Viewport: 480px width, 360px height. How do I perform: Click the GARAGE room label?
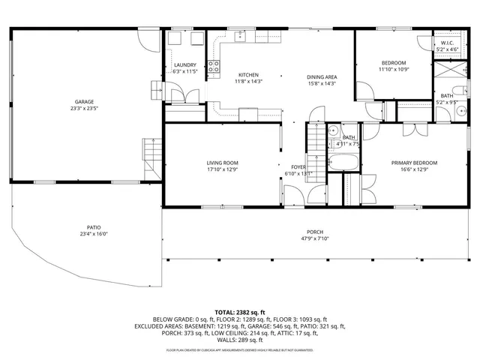[84, 102]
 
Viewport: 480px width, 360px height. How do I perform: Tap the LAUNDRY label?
[184, 65]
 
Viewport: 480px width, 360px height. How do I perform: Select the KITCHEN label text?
[248, 75]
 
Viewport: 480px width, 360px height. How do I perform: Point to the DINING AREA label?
[321, 77]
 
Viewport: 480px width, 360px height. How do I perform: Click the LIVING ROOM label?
[223, 163]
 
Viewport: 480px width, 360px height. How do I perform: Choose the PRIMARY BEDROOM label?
[414, 163]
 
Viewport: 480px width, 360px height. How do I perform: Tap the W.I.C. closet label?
[446, 43]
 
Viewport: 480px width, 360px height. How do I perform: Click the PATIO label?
[93, 227]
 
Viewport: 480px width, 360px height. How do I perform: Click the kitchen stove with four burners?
[214, 68]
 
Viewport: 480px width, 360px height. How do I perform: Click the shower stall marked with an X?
[448, 73]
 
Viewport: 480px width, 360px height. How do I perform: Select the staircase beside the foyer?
[316, 139]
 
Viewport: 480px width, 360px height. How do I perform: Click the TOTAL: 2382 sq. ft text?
[240, 312]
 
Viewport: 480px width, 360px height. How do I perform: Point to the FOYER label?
[298, 166]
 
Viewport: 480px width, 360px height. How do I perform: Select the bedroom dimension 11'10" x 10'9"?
[394, 70]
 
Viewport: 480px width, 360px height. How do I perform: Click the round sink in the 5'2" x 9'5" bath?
[457, 110]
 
